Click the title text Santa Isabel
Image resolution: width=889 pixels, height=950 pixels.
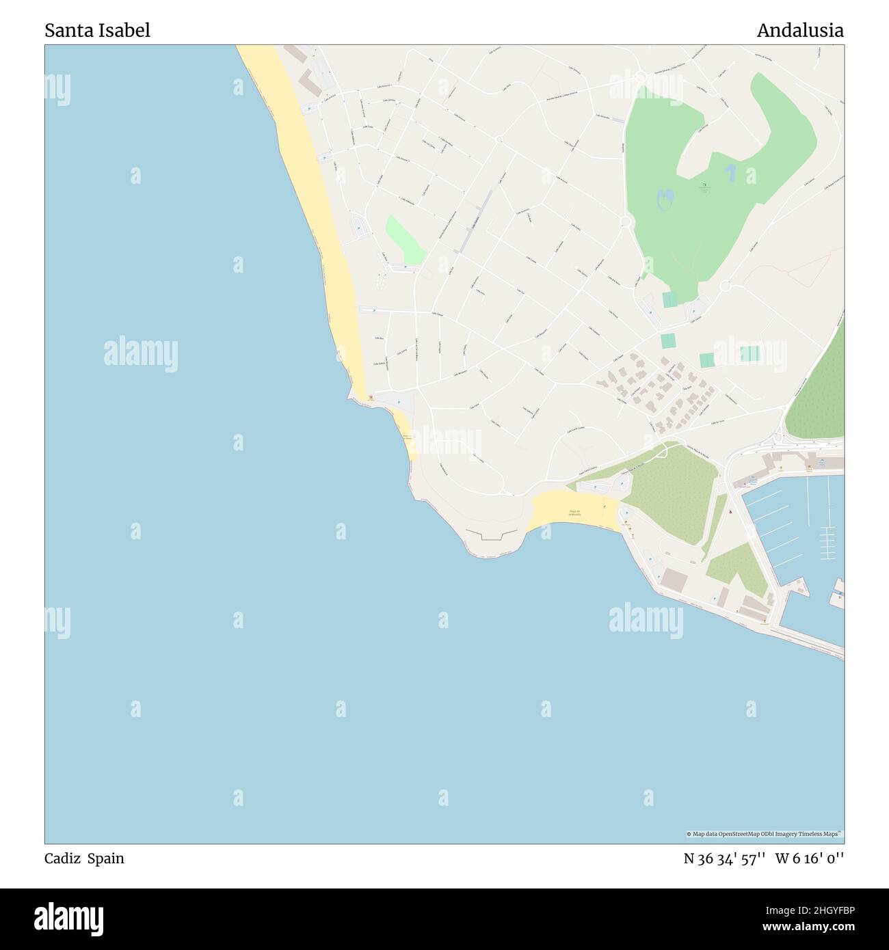(97, 30)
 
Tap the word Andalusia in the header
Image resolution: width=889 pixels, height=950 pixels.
(799, 30)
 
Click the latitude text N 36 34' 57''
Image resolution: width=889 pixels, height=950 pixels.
(724, 859)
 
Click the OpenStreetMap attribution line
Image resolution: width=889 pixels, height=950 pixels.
(765, 834)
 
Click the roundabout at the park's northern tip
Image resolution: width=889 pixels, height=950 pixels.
(640, 77)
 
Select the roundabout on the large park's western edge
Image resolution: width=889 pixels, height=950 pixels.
(624, 221)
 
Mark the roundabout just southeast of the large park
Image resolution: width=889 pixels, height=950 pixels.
(725, 285)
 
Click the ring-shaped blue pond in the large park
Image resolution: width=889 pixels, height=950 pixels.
(664, 199)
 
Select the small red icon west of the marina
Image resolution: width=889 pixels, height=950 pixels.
(730, 511)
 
